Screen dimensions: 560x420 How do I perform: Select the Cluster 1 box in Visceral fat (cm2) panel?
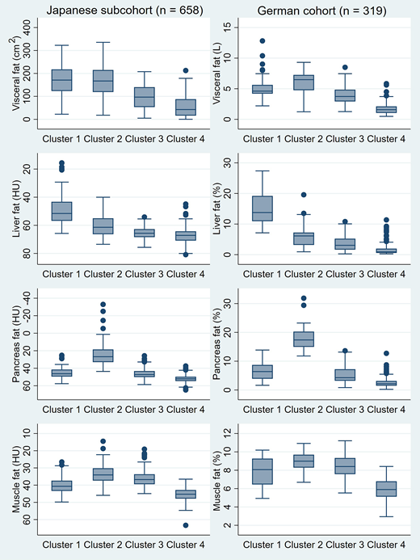coord(61,80)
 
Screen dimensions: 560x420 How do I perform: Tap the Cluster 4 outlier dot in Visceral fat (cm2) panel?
coord(185,71)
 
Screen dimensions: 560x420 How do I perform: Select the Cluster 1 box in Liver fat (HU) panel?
coord(61,211)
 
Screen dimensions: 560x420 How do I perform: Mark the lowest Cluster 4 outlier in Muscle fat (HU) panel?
coord(185,525)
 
